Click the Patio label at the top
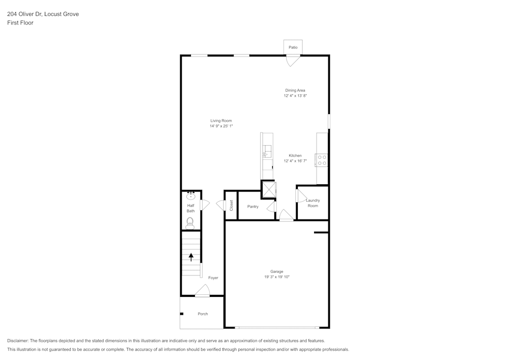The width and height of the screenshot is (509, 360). (293, 47)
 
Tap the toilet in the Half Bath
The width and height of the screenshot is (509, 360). (190, 222)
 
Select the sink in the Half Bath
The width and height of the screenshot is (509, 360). (191, 196)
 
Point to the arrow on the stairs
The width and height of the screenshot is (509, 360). (191, 257)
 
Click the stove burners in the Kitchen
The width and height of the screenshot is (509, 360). (322, 160)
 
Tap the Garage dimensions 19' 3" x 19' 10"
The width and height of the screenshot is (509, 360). (277, 277)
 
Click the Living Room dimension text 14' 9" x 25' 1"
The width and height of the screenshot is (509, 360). (221, 126)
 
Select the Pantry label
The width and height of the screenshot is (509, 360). (253, 207)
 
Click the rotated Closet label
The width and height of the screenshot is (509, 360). (231, 205)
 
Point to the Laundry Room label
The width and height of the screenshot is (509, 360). (313, 203)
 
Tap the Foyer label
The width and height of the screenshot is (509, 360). (213, 278)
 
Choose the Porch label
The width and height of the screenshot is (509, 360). (203, 314)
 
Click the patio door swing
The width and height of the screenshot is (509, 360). (293, 61)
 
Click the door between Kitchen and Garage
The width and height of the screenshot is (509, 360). (287, 216)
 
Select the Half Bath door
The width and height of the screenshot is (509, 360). (205, 205)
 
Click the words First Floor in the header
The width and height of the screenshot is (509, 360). (20, 23)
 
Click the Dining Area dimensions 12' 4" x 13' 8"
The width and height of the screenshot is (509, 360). (295, 95)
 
